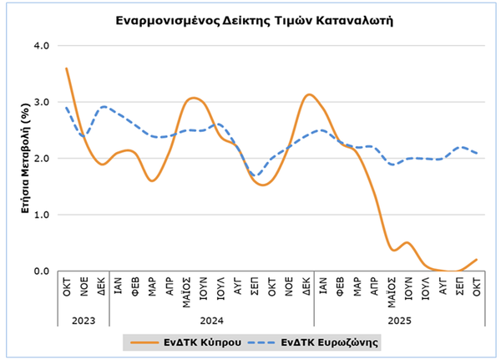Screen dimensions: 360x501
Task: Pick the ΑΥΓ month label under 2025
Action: coord(442,287)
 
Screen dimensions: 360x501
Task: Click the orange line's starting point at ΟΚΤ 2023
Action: coord(66,68)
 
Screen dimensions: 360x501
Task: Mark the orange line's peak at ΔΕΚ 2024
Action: coord(308,94)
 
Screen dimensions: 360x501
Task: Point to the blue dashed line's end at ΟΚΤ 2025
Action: coord(476,153)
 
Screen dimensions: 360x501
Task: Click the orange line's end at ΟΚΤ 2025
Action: coord(476,260)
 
